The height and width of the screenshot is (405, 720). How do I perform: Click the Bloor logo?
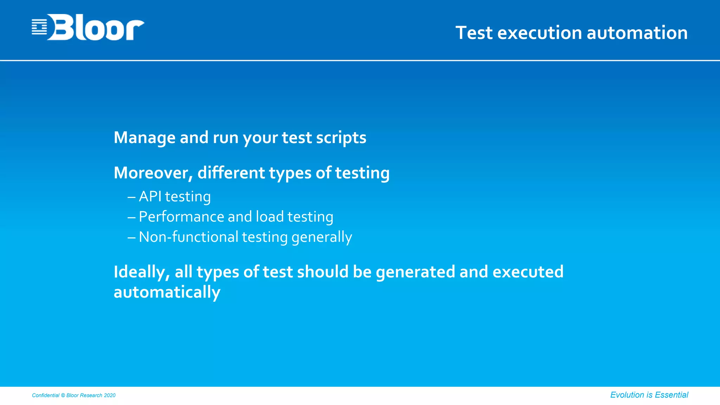pos(88,27)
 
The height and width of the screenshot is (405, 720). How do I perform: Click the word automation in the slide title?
pos(637,33)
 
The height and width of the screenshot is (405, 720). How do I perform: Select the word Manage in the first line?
pos(144,137)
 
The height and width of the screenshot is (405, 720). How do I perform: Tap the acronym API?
pos(150,197)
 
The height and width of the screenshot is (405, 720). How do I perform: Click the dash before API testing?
pos(131,197)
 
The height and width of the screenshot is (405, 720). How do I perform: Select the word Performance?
pos(181,217)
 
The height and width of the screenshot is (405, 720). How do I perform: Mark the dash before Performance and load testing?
pos(131,218)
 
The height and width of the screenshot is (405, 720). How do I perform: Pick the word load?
pos(270,217)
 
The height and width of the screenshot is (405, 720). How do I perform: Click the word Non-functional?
pos(189,237)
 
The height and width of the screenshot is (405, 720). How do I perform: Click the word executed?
pos(528,272)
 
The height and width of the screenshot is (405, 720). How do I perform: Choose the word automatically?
pos(167,292)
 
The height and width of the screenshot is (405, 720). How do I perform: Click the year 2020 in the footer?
pos(110,396)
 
